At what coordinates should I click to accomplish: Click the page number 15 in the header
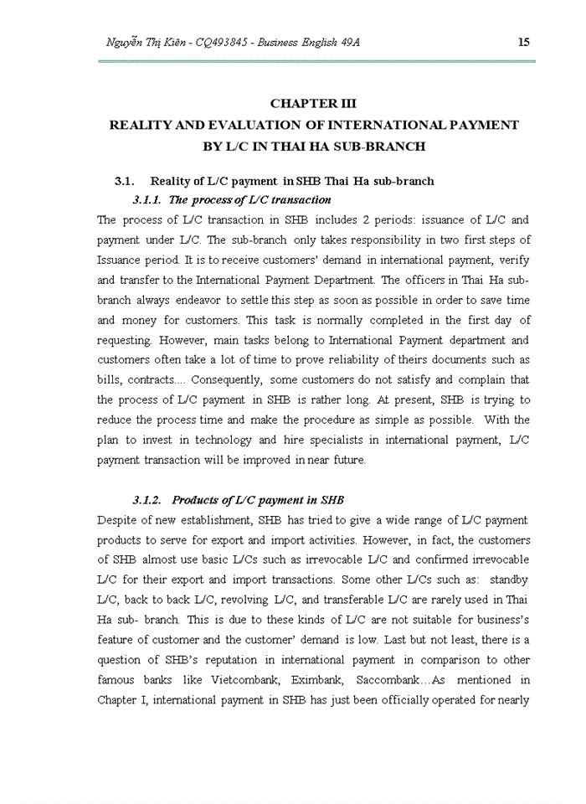pos(524,42)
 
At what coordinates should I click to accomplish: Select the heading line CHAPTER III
pos(313,103)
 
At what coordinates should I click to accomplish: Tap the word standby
pos(509,580)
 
